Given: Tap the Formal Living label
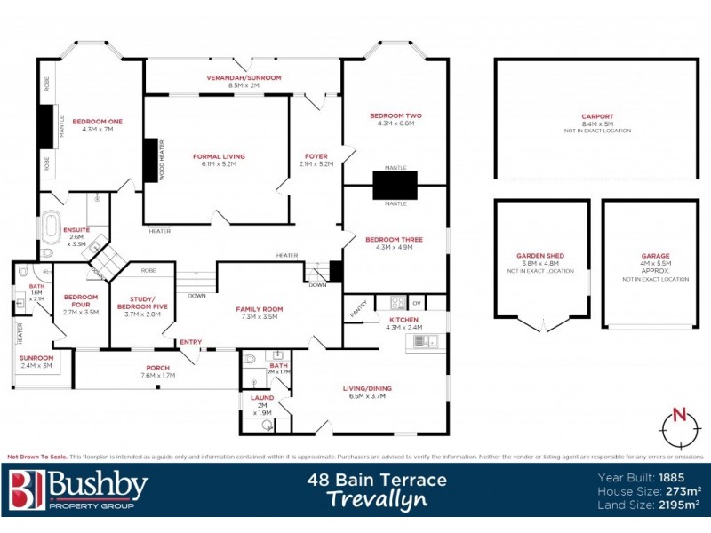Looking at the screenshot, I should tap(219, 156).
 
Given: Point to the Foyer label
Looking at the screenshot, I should tap(316, 156).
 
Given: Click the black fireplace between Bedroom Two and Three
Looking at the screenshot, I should tap(395, 185).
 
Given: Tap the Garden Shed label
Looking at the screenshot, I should tap(540, 256).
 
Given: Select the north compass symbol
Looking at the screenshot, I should tap(678, 427).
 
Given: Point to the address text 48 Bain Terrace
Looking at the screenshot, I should tap(377, 481).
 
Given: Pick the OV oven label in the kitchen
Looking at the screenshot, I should tap(416, 304).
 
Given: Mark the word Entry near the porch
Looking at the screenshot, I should tap(190, 342).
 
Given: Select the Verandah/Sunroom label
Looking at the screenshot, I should tap(243, 78).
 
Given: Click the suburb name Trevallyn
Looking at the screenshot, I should tap(376, 500).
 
